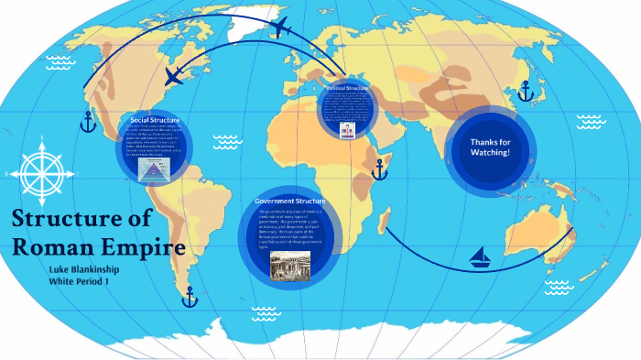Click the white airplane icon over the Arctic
[281, 28]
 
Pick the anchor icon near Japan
[526, 92]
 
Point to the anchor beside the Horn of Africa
[379, 169]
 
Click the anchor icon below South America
[190, 297]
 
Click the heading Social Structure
[155, 120]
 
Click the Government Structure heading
[289, 200]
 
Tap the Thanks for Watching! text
[490, 147]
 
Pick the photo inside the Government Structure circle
[289, 266]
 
